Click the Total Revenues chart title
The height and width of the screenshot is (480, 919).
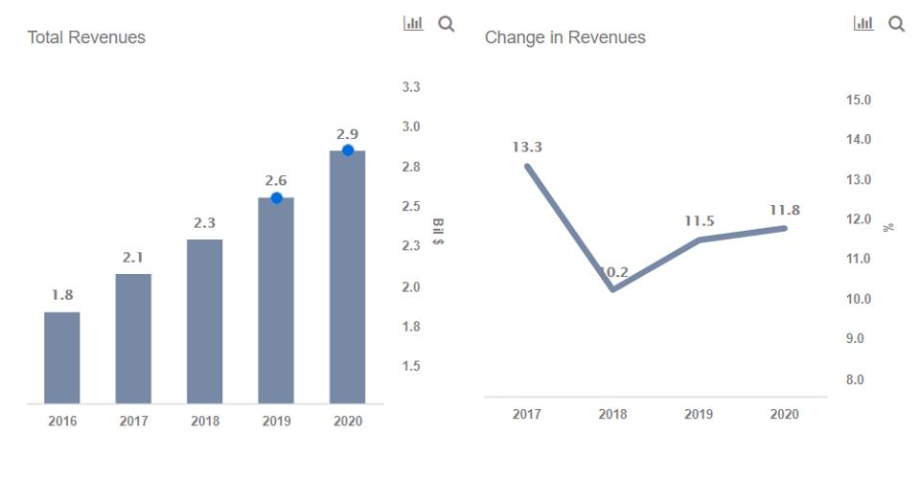[86, 37]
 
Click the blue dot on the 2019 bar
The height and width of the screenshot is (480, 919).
[276, 198]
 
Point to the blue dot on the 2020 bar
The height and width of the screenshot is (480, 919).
[348, 150]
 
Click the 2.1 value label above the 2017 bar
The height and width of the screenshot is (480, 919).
[132, 258]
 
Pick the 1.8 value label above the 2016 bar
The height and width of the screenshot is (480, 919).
[61, 295]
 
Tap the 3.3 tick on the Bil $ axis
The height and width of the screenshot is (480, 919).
[411, 87]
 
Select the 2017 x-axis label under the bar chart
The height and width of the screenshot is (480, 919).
[133, 422]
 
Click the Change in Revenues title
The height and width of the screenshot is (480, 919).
[565, 37]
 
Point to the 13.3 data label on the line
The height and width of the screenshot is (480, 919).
[527, 147]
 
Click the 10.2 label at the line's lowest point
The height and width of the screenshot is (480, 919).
[613, 273]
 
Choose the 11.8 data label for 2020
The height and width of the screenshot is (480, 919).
[785, 210]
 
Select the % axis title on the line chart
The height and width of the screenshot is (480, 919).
[889, 227]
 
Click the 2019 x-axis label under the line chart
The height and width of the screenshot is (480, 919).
[699, 415]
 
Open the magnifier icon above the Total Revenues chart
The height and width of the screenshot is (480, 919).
[446, 23]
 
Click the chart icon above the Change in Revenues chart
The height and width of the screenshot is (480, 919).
[863, 23]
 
